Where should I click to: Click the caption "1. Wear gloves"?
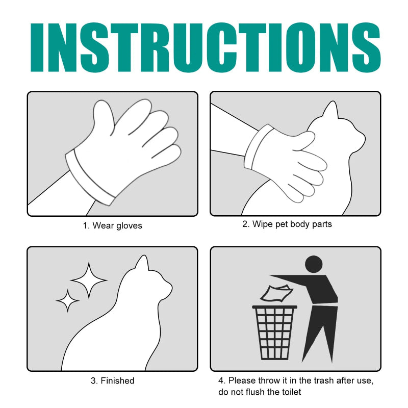(112, 225)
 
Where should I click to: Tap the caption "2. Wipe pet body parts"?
(287, 224)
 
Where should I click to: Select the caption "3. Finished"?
(113, 380)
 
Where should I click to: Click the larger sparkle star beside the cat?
(89, 280)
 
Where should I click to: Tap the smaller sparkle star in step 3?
(67, 301)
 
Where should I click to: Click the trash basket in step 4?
(275, 331)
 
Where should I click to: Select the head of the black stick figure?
(313, 264)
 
